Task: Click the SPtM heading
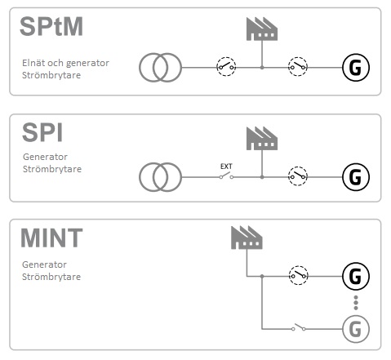point(51,26)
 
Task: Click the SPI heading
point(42,132)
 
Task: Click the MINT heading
point(51,238)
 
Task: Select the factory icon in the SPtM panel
point(262,29)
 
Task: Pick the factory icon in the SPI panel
point(262,138)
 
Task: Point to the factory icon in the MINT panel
point(247,238)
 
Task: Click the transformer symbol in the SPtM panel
point(160,68)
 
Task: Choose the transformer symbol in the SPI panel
point(160,177)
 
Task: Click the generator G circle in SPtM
point(356,68)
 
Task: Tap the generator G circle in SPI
point(356,177)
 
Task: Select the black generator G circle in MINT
point(356,276)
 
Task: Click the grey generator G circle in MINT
point(356,329)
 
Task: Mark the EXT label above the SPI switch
point(226,167)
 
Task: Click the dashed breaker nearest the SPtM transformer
point(226,67)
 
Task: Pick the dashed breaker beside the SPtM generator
point(298,67)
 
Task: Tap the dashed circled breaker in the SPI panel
point(298,176)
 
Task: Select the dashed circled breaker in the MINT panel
point(298,275)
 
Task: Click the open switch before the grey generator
point(299,327)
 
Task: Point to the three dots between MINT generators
point(356,303)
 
